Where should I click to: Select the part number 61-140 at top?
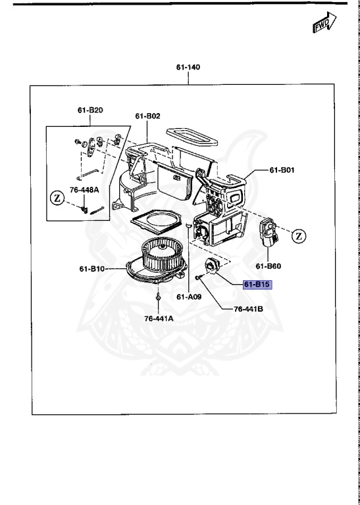click(x=188, y=68)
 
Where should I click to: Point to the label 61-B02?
click(x=148, y=116)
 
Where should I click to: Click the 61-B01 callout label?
click(x=282, y=170)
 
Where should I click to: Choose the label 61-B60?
click(x=269, y=266)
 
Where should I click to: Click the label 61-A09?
click(x=188, y=297)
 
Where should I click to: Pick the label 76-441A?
click(x=159, y=319)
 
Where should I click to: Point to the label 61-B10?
click(x=93, y=268)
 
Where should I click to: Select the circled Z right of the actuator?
click(x=298, y=235)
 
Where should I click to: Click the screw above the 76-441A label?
click(x=159, y=298)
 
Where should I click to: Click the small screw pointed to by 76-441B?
click(x=197, y=278)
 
